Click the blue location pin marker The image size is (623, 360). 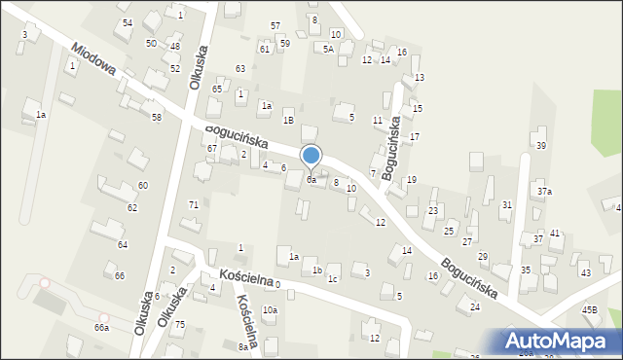pyautogui.click(x=311, y=156)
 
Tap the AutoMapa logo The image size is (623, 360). pyautogui.click(x=560, y=341)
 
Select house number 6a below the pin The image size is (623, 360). pyautogui.click(x=311, y=180)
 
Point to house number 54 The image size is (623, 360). pyautogui.click(x=128, y=22)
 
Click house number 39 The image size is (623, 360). pyautogui.click(x=541, y=146)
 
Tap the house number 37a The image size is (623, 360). pyautogui.click(x=544, y=192)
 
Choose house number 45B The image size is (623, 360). pyautogui.click(x=590, y=309)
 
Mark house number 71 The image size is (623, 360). pyautogui.click(x=194, y=204)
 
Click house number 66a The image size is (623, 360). pyautogui.click(x=101, y=328)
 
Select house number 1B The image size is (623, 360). pyautogui.click(x=288, y=120)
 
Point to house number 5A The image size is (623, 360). pyautogui.click(x=328, y=49)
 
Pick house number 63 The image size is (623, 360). pyautogui.click(x=239, y=68)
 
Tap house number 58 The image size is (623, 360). pyautogui.click(x=156, y=117)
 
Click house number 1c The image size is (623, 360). pyautogui.click(x=333, y=280)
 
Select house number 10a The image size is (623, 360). pyautogui.click(x=270, y=310)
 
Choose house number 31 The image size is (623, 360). pyautogui.click(x=507, y=204)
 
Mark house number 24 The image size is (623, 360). pyautogui.click(x=475, y=306)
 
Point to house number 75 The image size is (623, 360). pyautogui.click(x=179, y=324)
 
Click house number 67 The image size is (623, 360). pyautogui.click(x=211, y=148)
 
